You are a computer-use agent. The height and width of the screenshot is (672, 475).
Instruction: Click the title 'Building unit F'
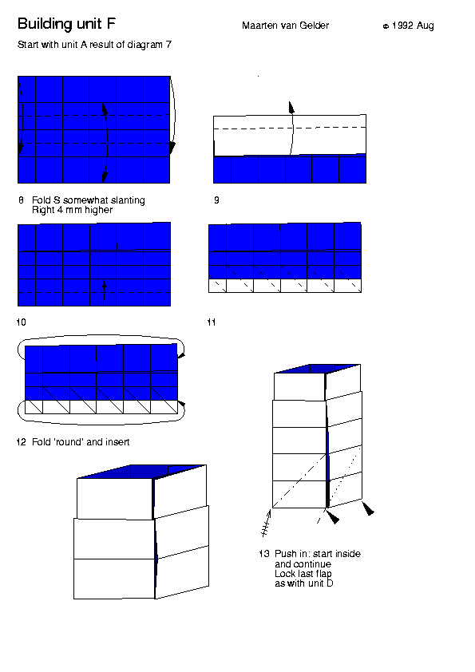(x=66, y=24)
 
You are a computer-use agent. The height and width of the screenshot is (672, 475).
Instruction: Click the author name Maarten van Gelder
(x=286, y=26)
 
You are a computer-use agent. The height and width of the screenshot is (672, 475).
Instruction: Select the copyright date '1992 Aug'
(x=413, y=26)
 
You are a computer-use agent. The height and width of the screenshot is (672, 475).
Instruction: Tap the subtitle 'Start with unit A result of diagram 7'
(x=94, y=45)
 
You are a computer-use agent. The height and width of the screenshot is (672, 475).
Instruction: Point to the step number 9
(x=216, y=200)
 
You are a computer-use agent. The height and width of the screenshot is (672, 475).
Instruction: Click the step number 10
(x=21, y=322)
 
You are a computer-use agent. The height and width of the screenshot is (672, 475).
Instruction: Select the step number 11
(x=212, y=322)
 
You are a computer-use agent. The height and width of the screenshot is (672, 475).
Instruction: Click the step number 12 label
(x=21, y=442)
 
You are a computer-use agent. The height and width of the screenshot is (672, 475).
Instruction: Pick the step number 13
(x=263, y=554)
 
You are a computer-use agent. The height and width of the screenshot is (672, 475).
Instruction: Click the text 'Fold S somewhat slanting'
(x=89, y=200)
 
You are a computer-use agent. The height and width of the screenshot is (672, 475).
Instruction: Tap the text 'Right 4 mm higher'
(x=72, y=210)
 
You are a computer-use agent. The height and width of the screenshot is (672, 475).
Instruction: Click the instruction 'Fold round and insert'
(x=81, y=442)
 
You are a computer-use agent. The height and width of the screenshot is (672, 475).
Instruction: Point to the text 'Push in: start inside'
(x=318, y=554)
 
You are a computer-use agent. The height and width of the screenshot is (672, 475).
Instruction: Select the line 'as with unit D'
(x=304, y=583)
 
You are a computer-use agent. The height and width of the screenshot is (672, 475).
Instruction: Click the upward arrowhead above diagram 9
(x=291, y=108)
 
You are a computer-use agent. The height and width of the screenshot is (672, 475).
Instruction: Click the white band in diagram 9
(x=290, y=136)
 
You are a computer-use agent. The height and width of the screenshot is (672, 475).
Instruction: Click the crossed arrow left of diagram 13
(x=266, y=523)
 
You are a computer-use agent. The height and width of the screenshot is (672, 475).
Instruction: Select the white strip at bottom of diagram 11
(x=285, y=286)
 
